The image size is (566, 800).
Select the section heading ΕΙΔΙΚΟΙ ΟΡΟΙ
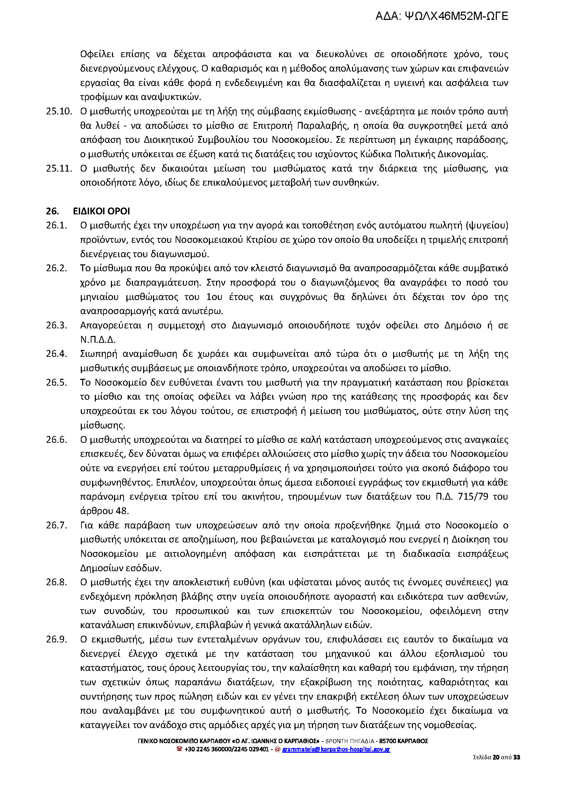coord(101,211)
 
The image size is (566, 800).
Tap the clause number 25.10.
coord(59,112)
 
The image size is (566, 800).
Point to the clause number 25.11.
coord(59,169)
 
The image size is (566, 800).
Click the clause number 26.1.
coord(56,226)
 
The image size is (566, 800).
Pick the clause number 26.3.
coord(56,325)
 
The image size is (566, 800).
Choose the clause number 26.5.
coord(56,383)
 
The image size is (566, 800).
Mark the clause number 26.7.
coord(56,525)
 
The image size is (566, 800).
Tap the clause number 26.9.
coord(56,639)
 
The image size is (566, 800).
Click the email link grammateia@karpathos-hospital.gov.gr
coord(336,749)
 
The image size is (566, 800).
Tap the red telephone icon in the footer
coord(180,749)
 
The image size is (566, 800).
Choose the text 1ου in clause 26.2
coord(213,297)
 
